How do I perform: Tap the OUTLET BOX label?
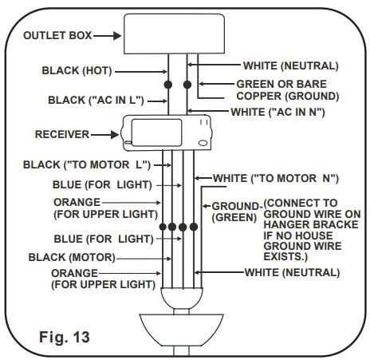point(58,36)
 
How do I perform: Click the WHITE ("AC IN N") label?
point(276,113)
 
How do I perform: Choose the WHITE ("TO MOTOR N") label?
point(276,177)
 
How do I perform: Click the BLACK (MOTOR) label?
point(72,258)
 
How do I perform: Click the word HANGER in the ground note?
point(283,226)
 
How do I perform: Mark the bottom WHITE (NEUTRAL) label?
point(291,272)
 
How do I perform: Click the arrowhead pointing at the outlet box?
point(116,36)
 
